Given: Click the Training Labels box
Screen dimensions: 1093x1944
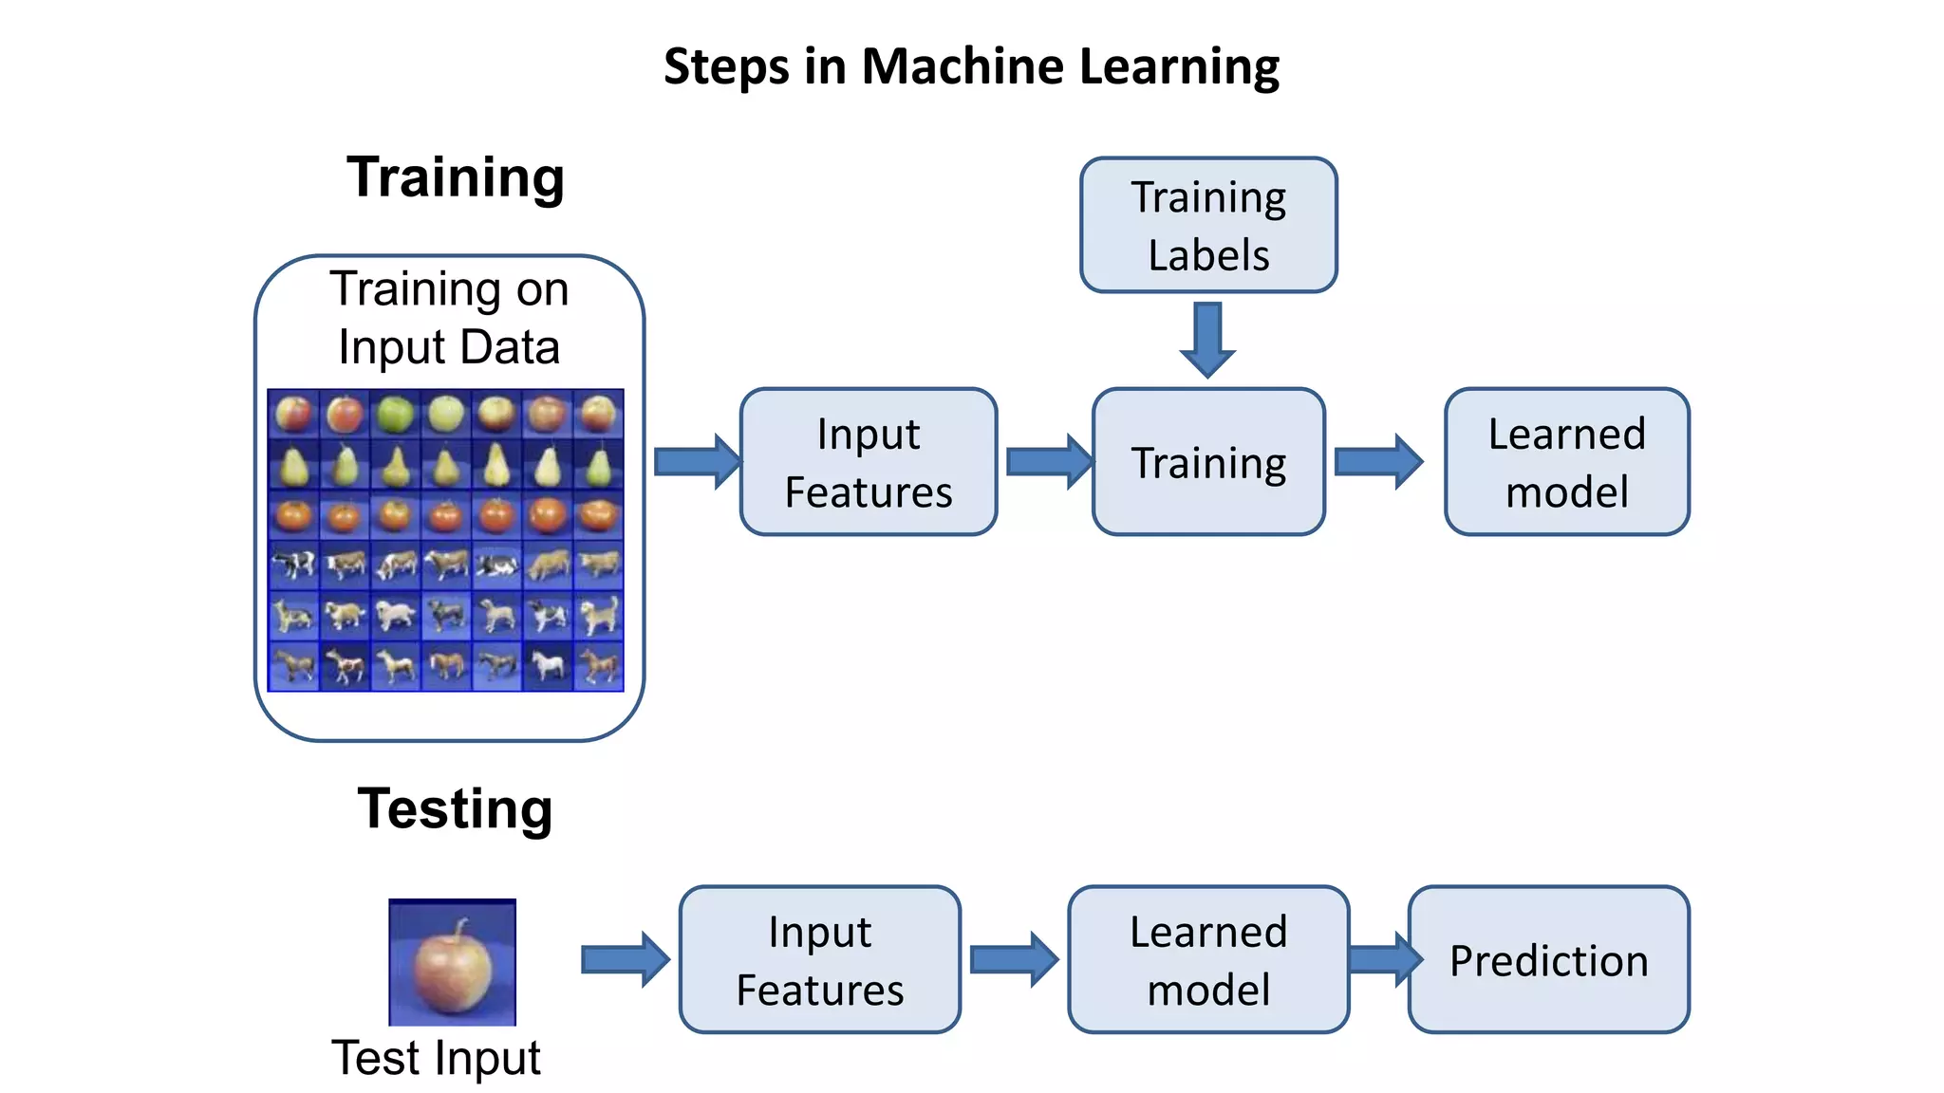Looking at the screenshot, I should click(1208, 225).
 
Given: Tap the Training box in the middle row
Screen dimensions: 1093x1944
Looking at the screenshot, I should click(1208, 462).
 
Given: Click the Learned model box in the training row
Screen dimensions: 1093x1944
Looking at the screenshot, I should click(1566, 462).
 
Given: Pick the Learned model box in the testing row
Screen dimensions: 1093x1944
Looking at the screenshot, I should click(1207, 960).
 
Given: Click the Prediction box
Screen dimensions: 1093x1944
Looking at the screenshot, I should click(1549, 960).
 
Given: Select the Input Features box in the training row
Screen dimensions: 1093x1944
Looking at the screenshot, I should click(868, 462).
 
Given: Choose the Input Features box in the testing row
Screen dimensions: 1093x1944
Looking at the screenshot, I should click(819, 960).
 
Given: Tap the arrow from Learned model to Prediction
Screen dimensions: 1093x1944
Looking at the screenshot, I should click(1384, 959).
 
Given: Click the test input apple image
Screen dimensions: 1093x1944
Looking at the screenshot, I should click(452, 962).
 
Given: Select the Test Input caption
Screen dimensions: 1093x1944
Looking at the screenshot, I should click(436, 1058).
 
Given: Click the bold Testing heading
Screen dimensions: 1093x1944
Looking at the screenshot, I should click(455, 808).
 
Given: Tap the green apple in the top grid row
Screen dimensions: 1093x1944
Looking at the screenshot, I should click(395, 415).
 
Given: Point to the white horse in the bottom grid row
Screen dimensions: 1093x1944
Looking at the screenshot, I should click(548, 665).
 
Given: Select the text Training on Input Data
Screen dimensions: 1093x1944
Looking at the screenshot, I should click(449, 318).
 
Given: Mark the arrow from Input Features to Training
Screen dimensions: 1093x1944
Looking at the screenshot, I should click(1048, 462).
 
